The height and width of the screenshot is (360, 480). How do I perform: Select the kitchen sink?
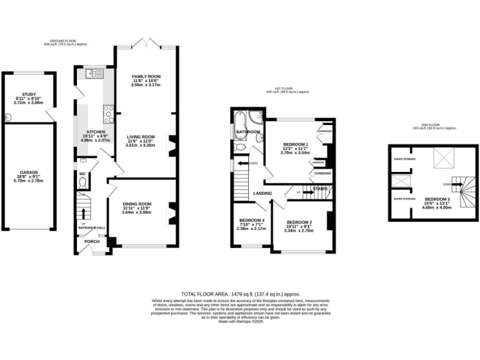(91, 74)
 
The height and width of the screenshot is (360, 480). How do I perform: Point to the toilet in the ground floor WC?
(82, 182)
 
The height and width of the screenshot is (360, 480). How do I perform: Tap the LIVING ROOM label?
(141, 136)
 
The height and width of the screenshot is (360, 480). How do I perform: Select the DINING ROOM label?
(136, 204)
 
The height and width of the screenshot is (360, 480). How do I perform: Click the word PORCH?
(92, 241)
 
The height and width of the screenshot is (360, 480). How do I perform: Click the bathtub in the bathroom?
(241, 120)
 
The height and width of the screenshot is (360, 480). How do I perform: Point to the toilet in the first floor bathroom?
(241, 147)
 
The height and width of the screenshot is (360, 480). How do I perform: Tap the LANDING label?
(262, 193)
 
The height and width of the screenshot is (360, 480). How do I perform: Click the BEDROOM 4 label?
(251, 220)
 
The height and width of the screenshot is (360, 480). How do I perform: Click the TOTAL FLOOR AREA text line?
(241, 293)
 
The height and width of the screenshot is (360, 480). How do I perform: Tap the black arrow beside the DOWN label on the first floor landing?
(240, 164)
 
